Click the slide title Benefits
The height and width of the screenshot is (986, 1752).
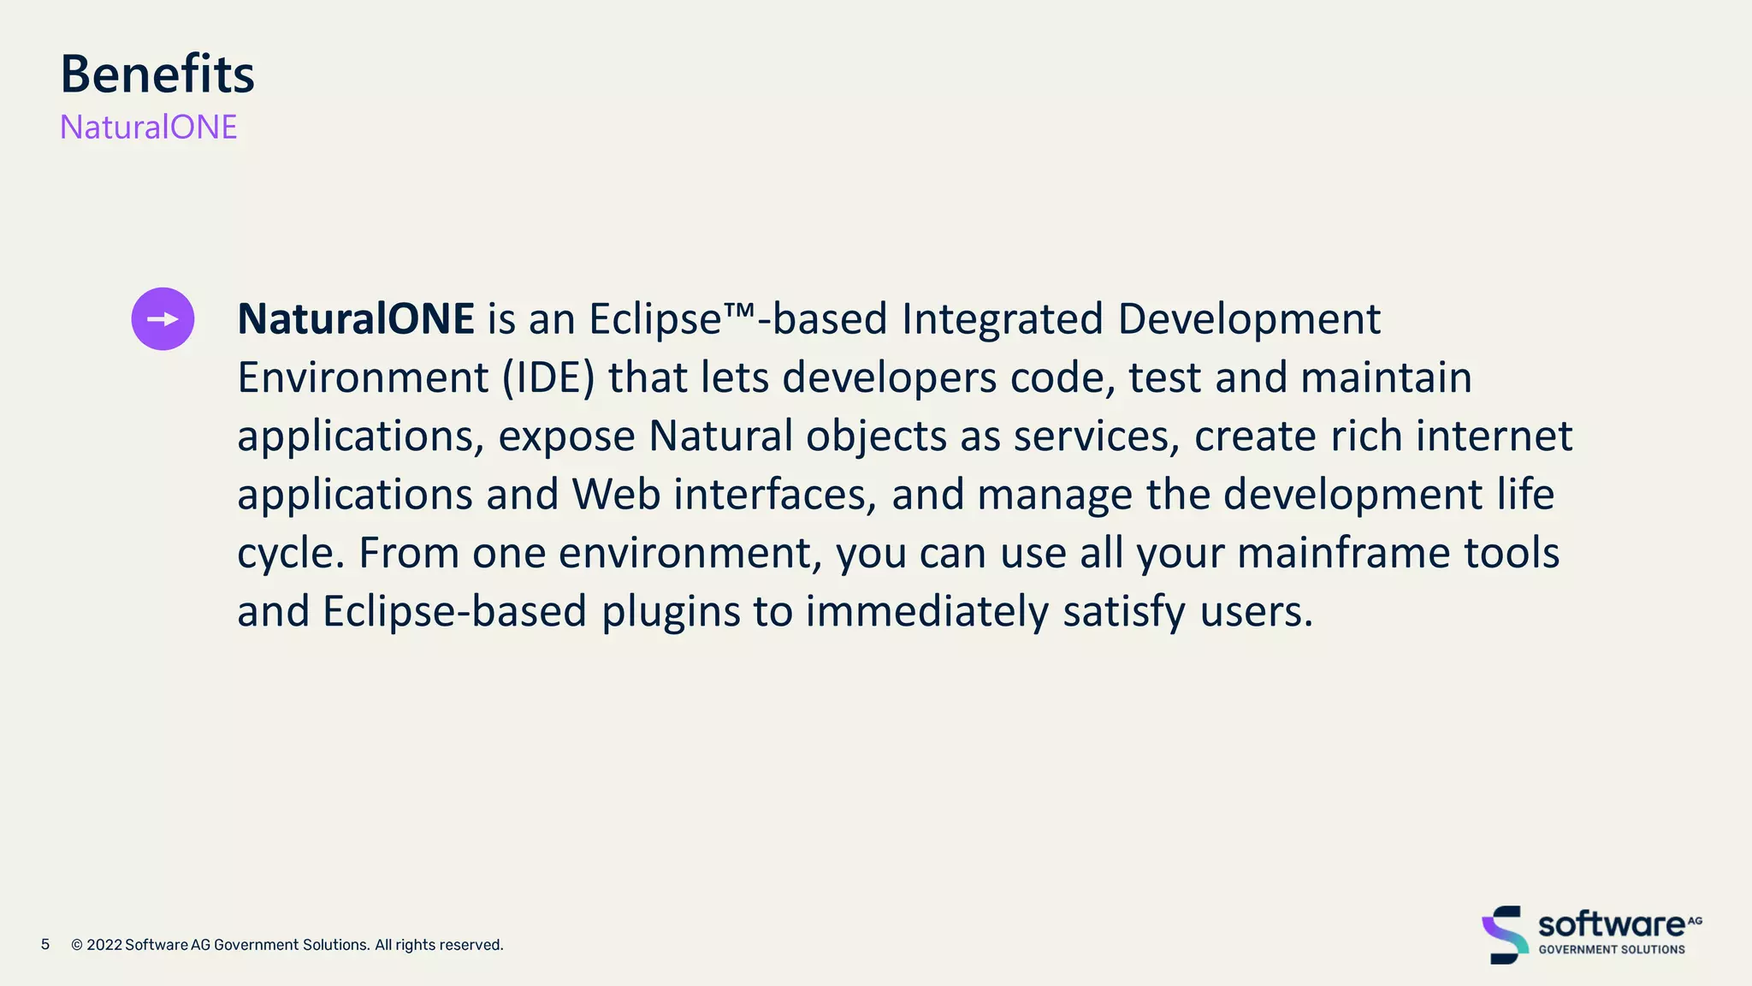[x=157, y=74]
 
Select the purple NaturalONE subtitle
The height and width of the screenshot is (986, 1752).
[x=148, y=128]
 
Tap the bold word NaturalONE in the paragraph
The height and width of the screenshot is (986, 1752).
[x=355, y=319]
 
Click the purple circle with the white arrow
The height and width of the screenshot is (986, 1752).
[x=163, y=319]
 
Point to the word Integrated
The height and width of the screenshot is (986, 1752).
[x=1003, y=319]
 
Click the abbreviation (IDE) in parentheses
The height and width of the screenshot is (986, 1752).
[x=547, y=377]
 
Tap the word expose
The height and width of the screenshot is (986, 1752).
[x=566, y=437]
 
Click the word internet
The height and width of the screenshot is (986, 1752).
[x=1494, y=436]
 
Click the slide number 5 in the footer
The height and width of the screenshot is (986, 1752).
[x=45, y=944]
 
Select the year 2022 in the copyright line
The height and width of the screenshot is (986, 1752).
[x=104, y=945]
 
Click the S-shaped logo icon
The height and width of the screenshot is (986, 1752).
[x=1505, y=935]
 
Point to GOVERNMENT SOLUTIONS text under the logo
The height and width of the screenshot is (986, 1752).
[x=1612, y=949]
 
